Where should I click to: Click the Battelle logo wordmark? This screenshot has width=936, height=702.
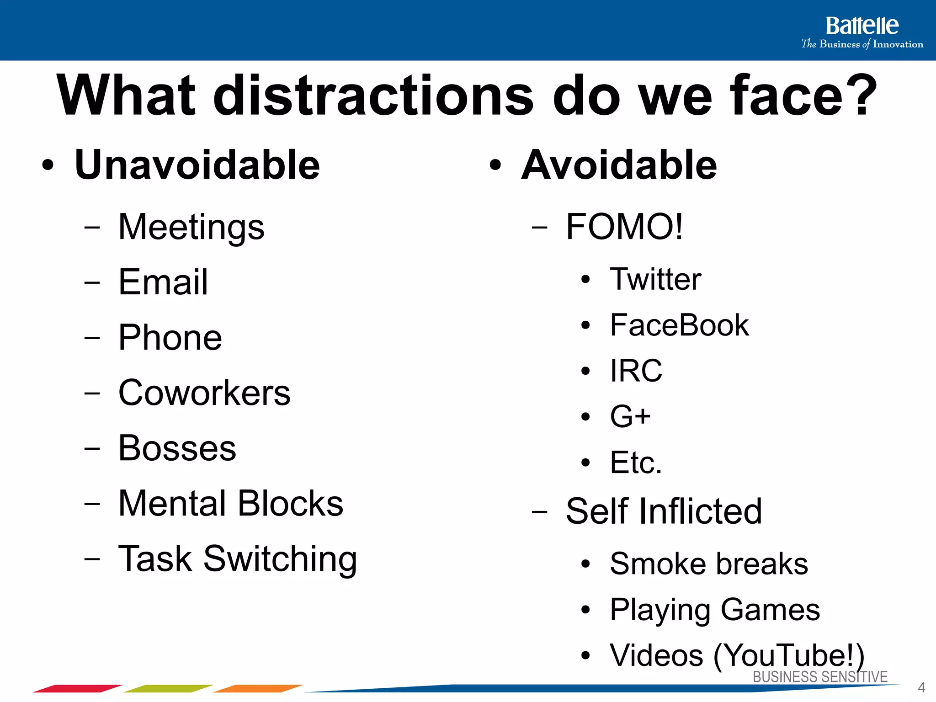click(862, 26)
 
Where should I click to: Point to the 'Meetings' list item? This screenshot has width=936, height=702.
click(191, 227)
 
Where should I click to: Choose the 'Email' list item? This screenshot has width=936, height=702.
click(163, 282)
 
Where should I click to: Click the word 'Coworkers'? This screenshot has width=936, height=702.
click(204, 393)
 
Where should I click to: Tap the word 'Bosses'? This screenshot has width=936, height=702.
click(177, 448)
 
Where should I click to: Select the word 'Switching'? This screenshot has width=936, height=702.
click(280, 559)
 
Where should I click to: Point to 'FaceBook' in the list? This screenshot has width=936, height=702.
click(679, 325)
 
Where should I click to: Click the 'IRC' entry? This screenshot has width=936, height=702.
click(636, 371)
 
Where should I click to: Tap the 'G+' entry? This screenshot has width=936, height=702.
click(630, 416)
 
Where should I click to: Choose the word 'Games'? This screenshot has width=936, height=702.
click(770, 610)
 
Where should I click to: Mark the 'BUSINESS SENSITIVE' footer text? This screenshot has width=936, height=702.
click(820, 677)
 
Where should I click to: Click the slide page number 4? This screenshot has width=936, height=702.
click(921, 687)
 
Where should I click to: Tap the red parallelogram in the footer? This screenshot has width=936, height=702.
click(77, 688)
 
